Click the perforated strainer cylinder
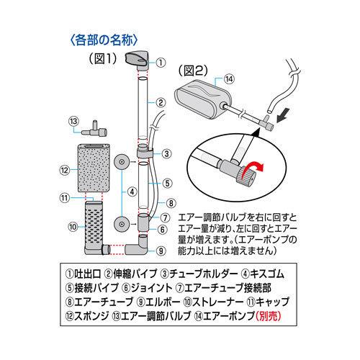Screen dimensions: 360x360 coord(93,227)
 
